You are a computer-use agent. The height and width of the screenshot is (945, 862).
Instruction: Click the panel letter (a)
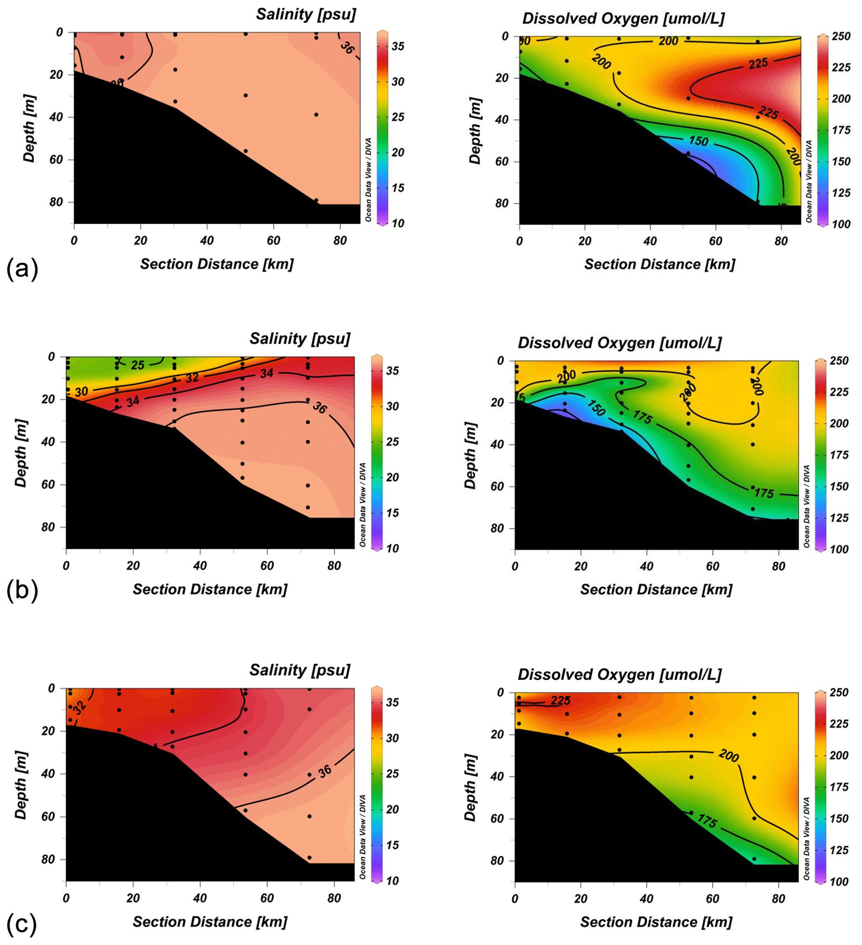[x=22, y=270]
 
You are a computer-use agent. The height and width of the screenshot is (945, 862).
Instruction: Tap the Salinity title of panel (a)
[x=306, y=15]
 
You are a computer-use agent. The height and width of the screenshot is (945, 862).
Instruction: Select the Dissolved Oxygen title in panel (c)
[x=619, y=675]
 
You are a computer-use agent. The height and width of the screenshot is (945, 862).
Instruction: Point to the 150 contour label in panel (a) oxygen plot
[x=698, y=141]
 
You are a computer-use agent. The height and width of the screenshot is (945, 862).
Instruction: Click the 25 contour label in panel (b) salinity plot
[x=138, y=365]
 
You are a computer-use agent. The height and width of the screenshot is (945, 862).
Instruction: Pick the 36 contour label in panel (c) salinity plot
[x=325, y=771]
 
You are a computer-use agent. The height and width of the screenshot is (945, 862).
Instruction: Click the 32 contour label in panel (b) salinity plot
[x=192, y=378]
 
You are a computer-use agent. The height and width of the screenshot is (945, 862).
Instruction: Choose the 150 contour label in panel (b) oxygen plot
[x=596, y=407]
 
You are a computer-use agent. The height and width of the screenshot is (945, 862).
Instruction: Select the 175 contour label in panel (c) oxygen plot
[x=707, y=820]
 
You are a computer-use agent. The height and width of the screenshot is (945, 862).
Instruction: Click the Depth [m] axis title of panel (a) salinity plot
[x=29, y=128]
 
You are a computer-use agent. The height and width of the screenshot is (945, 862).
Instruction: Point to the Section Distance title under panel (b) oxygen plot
[x=656, y=590]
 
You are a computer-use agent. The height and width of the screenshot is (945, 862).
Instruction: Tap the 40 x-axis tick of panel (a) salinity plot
[x=206, y=241]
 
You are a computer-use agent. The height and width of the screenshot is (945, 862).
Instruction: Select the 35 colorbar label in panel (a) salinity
[x=398, y=46]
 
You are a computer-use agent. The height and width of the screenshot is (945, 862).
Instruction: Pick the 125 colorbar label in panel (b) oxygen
[x=839, y=518]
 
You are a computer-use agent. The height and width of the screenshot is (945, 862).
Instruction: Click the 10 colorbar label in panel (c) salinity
[x=392, y=881]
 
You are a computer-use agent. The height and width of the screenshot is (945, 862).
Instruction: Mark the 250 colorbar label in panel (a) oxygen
[x=841, y=37]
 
